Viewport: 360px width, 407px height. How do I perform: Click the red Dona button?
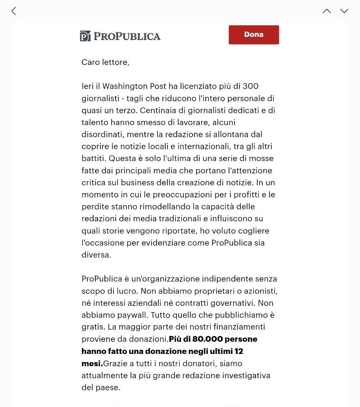coord(254,35)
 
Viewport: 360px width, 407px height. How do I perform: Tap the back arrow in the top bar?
coord(13,11)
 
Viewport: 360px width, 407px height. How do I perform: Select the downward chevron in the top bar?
coord(344,11)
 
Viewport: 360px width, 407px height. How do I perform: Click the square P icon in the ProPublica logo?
coord(85,36)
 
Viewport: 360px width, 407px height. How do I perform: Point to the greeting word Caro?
coord(90,63)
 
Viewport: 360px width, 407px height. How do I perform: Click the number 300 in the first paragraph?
coord(251,86)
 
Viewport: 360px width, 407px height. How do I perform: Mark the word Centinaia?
coord(162,110)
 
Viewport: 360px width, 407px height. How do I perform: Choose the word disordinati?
coord(102,134)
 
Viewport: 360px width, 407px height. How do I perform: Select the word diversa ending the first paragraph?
coord(95,255)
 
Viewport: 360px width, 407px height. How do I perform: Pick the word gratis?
coord(92,327)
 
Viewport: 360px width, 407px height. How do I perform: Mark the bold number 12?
coord(239,351)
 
